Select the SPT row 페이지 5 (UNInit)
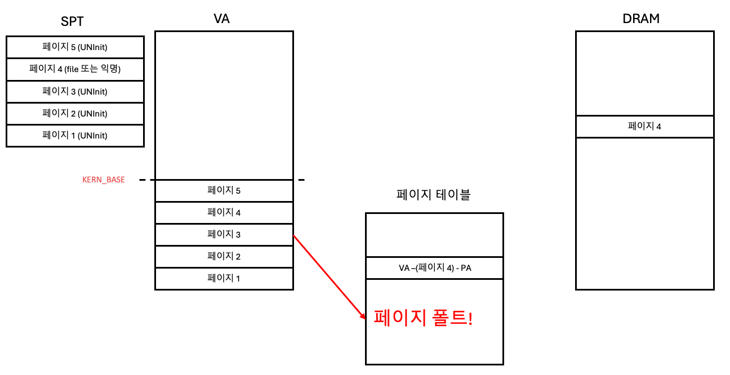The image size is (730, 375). (x=75, y=47)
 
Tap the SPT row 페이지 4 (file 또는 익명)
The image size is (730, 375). (x=75, y=69)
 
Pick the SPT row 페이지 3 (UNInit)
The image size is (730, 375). (x=75, y=91)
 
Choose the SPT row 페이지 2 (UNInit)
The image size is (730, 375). (x=75, y=113)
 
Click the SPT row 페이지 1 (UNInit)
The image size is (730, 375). (x=75, y=135)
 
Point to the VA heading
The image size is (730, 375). (x=221, y=19)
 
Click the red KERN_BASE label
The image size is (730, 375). (x=104, y=180)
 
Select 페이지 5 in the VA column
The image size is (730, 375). (x=224, y=190)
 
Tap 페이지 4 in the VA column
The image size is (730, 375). (x=224, y=212)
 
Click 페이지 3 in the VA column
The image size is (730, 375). (x=224, y=234)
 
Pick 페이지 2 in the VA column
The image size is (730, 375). (x=224, y=256)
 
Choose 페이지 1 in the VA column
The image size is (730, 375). (x=224, y=278)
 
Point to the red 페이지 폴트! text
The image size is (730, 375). (x=423, y=318)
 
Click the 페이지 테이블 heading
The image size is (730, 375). (x=434, y=195)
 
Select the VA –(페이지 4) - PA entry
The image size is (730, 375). (x=434, y=268)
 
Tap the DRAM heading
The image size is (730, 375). (x=641, y=19)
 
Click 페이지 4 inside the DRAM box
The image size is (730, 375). (x=644, y=126)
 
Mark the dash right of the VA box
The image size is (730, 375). (x=301, y=180)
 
